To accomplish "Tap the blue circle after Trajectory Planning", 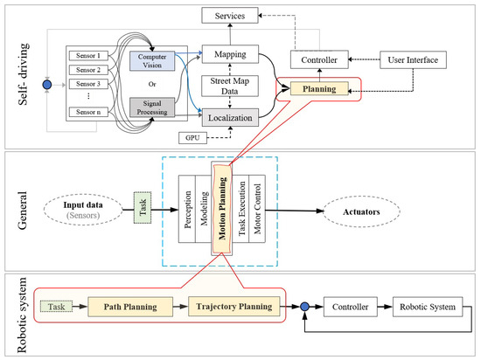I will pos(304,308).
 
